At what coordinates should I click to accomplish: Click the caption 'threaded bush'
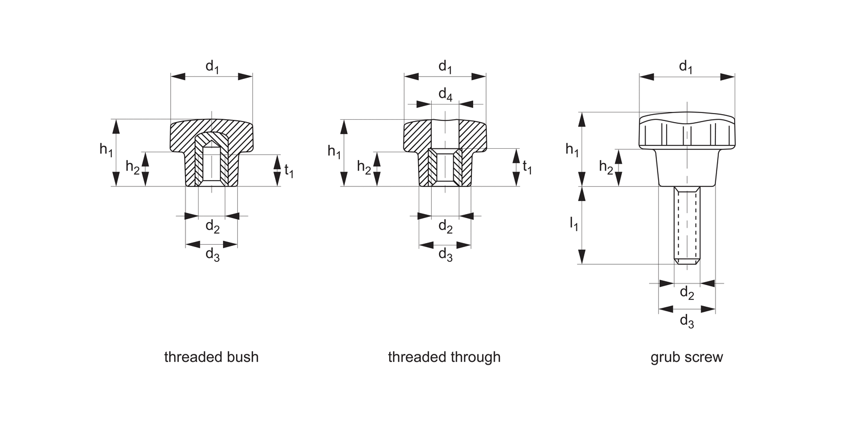(211, 357)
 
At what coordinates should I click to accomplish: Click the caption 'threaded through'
(444, 357)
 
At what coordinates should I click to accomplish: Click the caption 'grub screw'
(686, 357)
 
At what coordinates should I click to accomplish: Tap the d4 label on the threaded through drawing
(445, 95)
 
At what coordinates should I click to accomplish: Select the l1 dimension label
(574, 225)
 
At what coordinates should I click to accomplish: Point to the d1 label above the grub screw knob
(686, 67)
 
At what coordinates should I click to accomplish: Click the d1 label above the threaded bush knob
(212, 67)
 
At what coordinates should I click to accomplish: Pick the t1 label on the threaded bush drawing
(289, 170)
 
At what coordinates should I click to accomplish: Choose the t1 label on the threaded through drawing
(527, 167)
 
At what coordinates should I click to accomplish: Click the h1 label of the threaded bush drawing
(106, 150)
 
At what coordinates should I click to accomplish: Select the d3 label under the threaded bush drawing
(212, 254)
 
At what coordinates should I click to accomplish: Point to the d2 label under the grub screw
(686, 293)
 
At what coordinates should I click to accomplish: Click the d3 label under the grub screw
(686, 320)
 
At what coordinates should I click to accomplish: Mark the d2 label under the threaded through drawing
(445, 227)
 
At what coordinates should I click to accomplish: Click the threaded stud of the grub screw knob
(687, 222)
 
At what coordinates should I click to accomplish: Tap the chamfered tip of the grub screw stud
(687, 261)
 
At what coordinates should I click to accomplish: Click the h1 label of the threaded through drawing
(335, 151)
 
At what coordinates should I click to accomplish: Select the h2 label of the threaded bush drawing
(133, 168)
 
